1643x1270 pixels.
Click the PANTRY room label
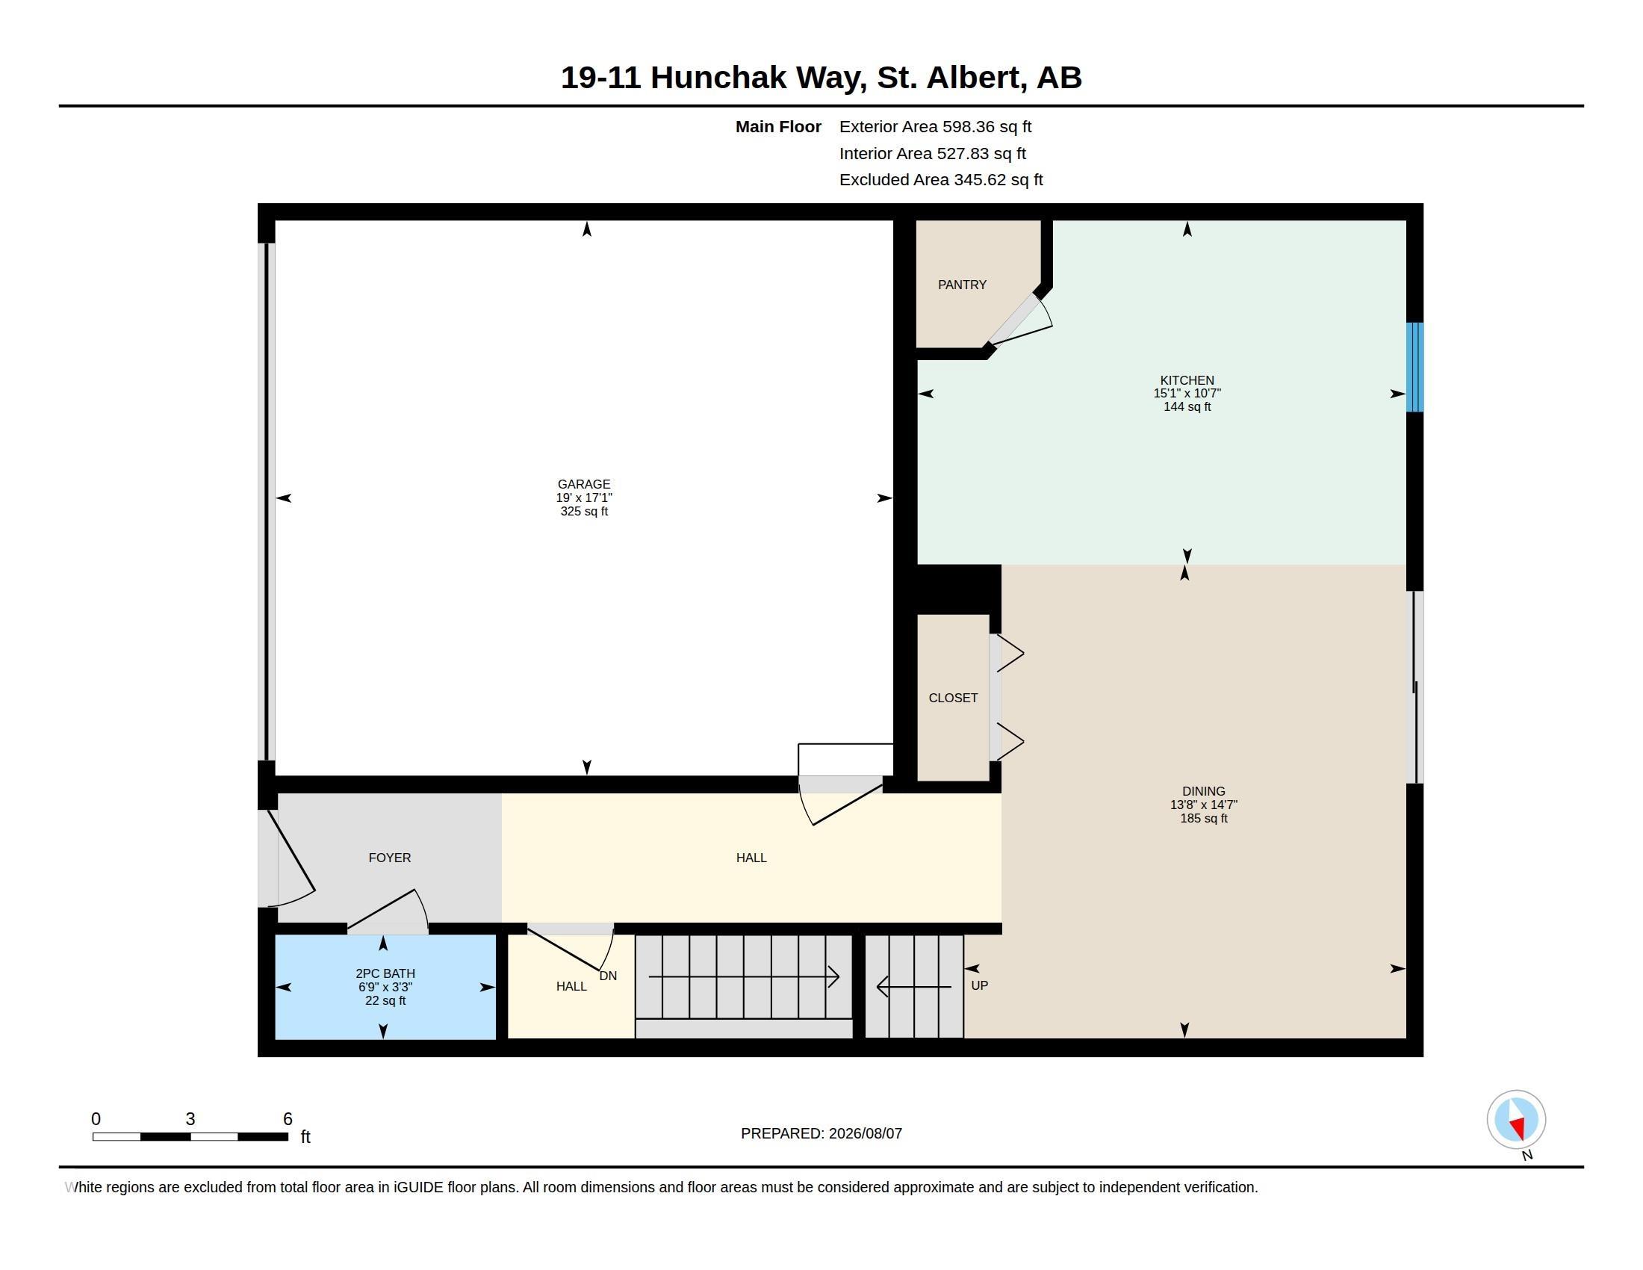coord(961,285)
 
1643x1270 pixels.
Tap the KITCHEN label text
coord(1187,380)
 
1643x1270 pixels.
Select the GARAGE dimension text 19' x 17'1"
coord(584,498)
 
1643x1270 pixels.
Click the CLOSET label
coord(953,698)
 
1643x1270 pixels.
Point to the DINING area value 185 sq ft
coord(1204,818)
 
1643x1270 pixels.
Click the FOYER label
coord(390,857)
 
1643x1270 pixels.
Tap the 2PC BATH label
coord(385,973)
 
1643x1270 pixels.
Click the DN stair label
coord(608,976)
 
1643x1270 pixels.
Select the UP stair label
coord(980,985)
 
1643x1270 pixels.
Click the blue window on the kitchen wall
coord(1415,367)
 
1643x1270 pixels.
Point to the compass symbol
coord(1516,1119)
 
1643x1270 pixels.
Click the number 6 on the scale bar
coord(288,1119)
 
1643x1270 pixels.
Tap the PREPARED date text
coord(821,1133)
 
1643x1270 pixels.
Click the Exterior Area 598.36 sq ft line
coord(935,126)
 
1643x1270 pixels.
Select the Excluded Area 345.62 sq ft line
coord(941,179)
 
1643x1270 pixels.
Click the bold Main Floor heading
coord(778,126)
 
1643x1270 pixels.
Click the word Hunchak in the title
coord(718,78)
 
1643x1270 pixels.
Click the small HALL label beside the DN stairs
coord(571,985)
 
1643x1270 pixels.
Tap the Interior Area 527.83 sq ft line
coord(932,152)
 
